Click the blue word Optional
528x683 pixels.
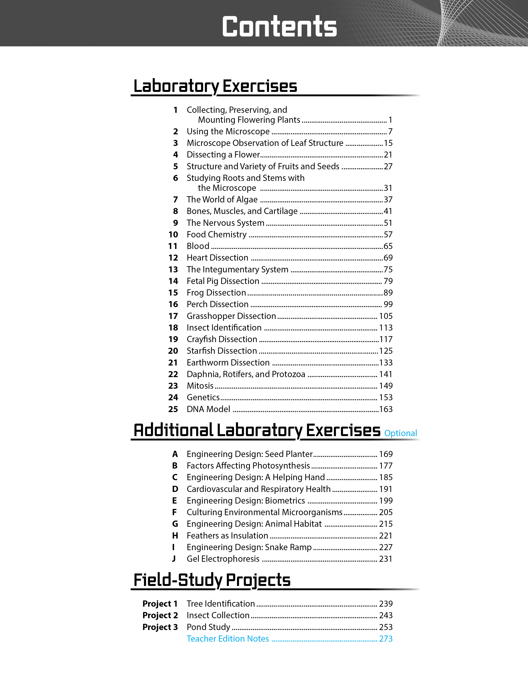pyautogui.click(x=400, y=433)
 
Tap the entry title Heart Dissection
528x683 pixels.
pyautogui.click(x=217, y=258)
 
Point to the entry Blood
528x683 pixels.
pyautogui.click(x=198, y=246)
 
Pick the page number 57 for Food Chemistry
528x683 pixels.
pyautogui.click(x=388, y=234)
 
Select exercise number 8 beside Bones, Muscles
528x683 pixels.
pyautogui.click(x=175, y=211)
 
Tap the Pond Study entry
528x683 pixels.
pyautogui.click(x=208, y=627)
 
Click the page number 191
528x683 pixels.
pyautogui.click(x=386, y=489)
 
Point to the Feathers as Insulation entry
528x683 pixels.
pyautogui.click(x=227, y=535)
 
